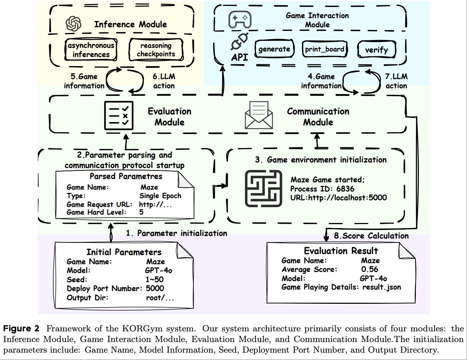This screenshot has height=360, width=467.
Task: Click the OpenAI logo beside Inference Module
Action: pos(74,24)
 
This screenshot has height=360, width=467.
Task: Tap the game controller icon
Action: pos(240,20)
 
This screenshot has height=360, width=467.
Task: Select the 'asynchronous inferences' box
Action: pos(91,50)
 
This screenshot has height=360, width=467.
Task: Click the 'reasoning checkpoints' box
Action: pos(156,50)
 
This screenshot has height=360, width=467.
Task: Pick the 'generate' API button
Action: pos(274,49)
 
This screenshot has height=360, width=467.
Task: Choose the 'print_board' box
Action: pos(325,49)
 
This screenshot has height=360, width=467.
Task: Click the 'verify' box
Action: pos(377,50)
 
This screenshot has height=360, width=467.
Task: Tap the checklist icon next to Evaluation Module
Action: pos(119,116)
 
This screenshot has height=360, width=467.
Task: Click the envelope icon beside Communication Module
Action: pos(259,115)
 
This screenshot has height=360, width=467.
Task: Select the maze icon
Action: pos(264,188)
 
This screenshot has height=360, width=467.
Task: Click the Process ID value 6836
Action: pos(345,189)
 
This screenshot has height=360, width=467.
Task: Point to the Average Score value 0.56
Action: pos(370,269)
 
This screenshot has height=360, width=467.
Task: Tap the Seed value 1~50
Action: pos(154,280)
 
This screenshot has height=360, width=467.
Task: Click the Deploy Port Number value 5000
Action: pos(155,288)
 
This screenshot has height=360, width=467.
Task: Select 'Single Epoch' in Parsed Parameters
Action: pos(160,196)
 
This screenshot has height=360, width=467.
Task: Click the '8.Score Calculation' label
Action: pos(371,236)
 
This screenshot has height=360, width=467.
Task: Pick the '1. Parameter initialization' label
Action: pos(177,233)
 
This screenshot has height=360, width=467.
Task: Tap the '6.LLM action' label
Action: pos(164,81)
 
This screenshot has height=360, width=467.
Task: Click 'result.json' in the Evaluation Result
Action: pos(382,287)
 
